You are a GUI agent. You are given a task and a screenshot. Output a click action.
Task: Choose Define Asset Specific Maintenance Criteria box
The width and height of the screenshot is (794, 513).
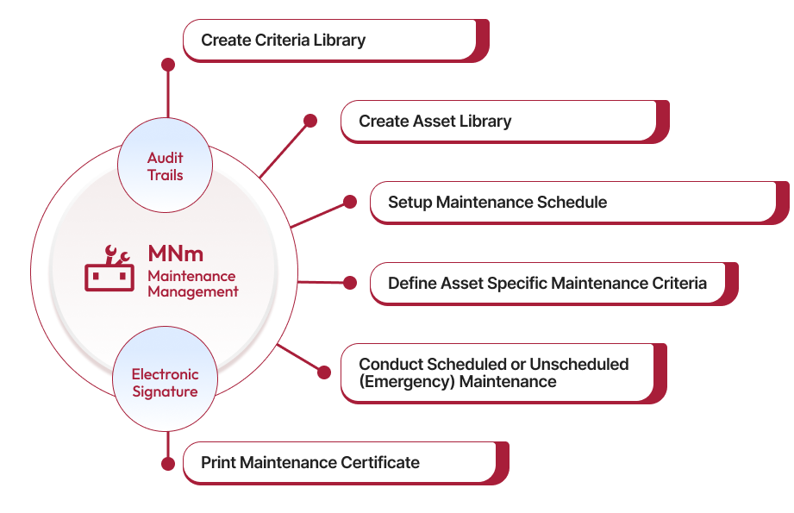coord(547,284)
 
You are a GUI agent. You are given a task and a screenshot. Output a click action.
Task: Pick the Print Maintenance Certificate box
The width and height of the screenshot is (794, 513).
coord(340,462)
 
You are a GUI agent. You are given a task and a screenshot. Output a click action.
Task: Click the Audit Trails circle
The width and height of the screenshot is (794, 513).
coord(165,166)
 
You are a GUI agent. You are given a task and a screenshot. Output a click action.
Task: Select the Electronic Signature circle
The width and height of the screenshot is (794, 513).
coord(165,383)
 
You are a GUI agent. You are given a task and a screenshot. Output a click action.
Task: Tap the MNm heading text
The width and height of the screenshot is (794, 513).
coord(175,253)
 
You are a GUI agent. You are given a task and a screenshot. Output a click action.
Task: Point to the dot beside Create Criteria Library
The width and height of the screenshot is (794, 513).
coord(168,65)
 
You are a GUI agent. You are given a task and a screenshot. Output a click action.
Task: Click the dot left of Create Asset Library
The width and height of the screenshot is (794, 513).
coord(310,122)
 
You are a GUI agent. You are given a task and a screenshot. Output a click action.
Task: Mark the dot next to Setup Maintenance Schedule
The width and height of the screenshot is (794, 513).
coord(349,202)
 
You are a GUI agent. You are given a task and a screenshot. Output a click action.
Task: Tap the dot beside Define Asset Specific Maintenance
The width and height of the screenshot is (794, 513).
coord(350,283)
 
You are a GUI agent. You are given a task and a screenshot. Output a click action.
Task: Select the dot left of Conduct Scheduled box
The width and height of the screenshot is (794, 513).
coord(324,372)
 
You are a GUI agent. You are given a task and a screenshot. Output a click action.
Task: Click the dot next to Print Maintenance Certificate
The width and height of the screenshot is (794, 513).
coord(168,463)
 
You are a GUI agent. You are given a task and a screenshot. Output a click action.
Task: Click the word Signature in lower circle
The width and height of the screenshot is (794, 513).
coord(165,391)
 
